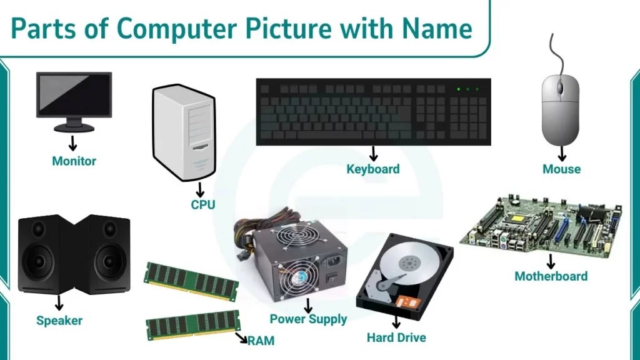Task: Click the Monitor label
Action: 74,161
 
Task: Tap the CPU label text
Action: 203,204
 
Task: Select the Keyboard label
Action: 373,169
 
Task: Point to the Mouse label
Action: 561,169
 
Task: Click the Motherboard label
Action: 551,276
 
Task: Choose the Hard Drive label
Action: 396,337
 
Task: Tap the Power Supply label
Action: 308,319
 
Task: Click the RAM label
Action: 261,341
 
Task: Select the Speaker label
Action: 59,321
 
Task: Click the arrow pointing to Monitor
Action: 72,143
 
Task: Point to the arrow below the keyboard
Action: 373,154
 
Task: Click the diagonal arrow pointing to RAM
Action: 241,337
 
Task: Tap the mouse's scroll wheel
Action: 561,87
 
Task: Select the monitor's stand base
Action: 74,128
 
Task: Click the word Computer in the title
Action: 176,29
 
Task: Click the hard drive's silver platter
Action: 409,263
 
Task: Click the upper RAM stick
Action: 191,282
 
